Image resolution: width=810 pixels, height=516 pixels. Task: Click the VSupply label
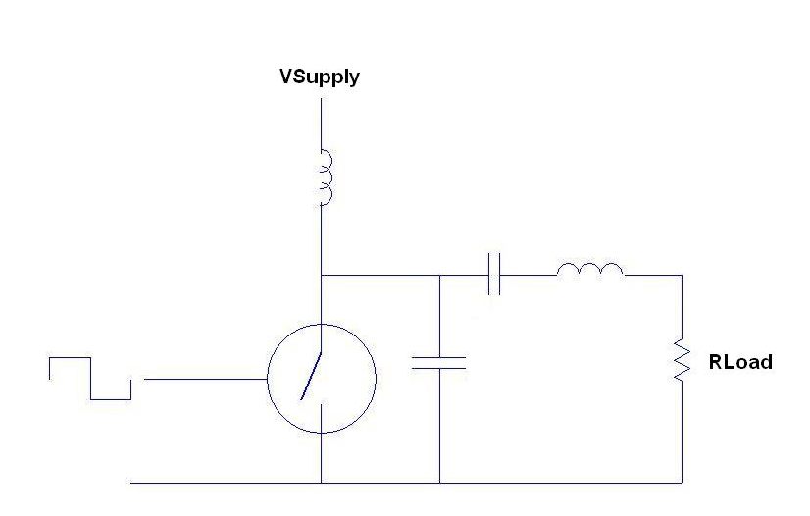320,77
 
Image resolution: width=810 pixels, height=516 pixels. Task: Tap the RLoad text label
739,362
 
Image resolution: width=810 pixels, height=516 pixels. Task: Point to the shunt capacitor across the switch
439,363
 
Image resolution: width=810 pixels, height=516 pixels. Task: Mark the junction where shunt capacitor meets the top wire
439,276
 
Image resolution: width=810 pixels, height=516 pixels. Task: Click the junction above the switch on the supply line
322,276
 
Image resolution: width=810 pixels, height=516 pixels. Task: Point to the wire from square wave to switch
205,378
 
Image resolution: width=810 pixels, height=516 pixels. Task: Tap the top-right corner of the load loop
682,276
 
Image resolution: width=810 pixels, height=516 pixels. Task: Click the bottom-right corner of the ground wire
682,483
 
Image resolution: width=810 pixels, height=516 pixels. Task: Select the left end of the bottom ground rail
132,483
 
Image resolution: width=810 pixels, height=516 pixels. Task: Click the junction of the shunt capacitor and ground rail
439,483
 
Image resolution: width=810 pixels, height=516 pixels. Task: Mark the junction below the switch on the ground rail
322,483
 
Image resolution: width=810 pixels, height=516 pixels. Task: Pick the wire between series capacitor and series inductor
530,276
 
